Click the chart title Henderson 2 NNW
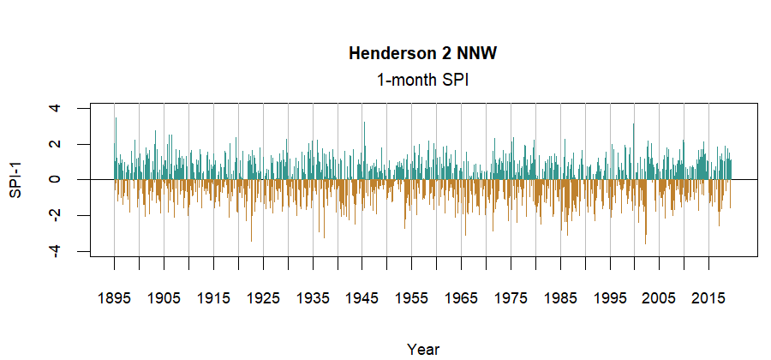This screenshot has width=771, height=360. click(x=422, y=54)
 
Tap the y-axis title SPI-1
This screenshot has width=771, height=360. click(x=15, y=180)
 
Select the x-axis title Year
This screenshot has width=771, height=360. click(x=423, y=349)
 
